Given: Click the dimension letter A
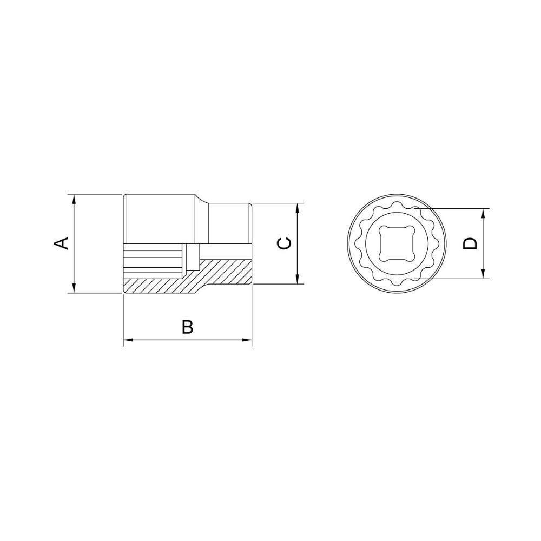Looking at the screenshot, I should (x=63, y=243).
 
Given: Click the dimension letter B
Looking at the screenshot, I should (x=187, y=327).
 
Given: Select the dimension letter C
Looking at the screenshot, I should (x=284, y=243).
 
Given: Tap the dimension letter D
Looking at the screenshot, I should (x=471, y=243).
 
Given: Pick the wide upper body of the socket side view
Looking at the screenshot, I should (x=160, y=219).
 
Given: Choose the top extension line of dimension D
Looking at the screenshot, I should (x=454, y=209).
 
